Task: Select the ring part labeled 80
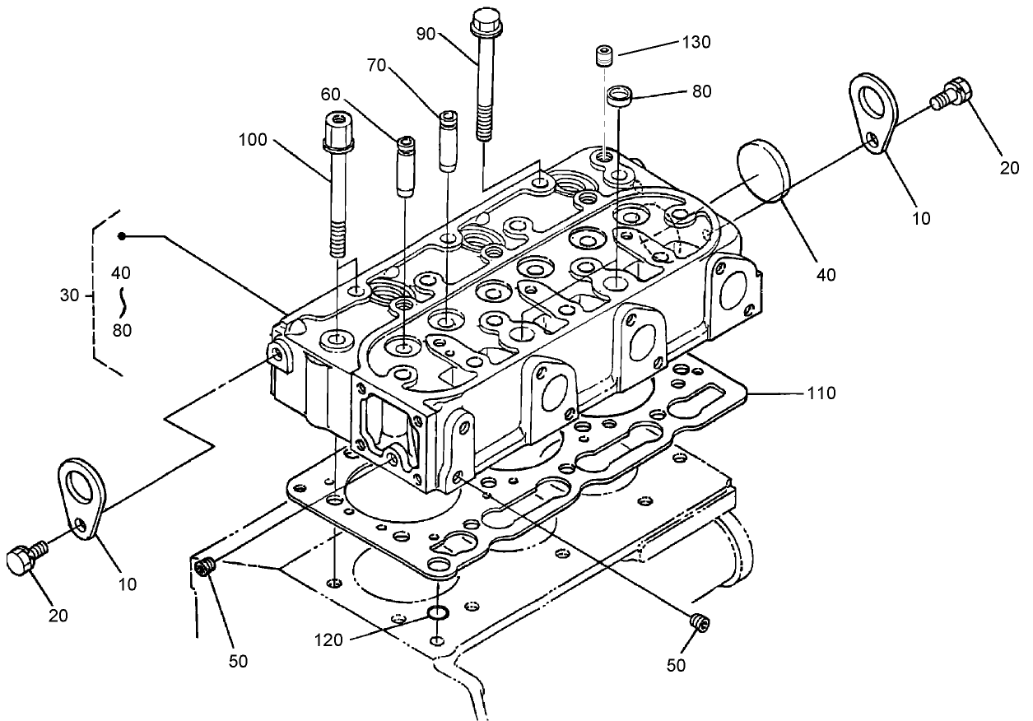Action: (619, 97)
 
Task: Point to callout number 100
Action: (253, 140)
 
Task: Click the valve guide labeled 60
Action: (407, 167)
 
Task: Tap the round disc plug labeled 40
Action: (763, 171)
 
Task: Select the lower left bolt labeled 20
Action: (24, 562)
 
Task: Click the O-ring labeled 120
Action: (438, 613)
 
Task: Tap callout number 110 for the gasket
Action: (821, 393)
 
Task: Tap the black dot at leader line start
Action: (121, 236)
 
